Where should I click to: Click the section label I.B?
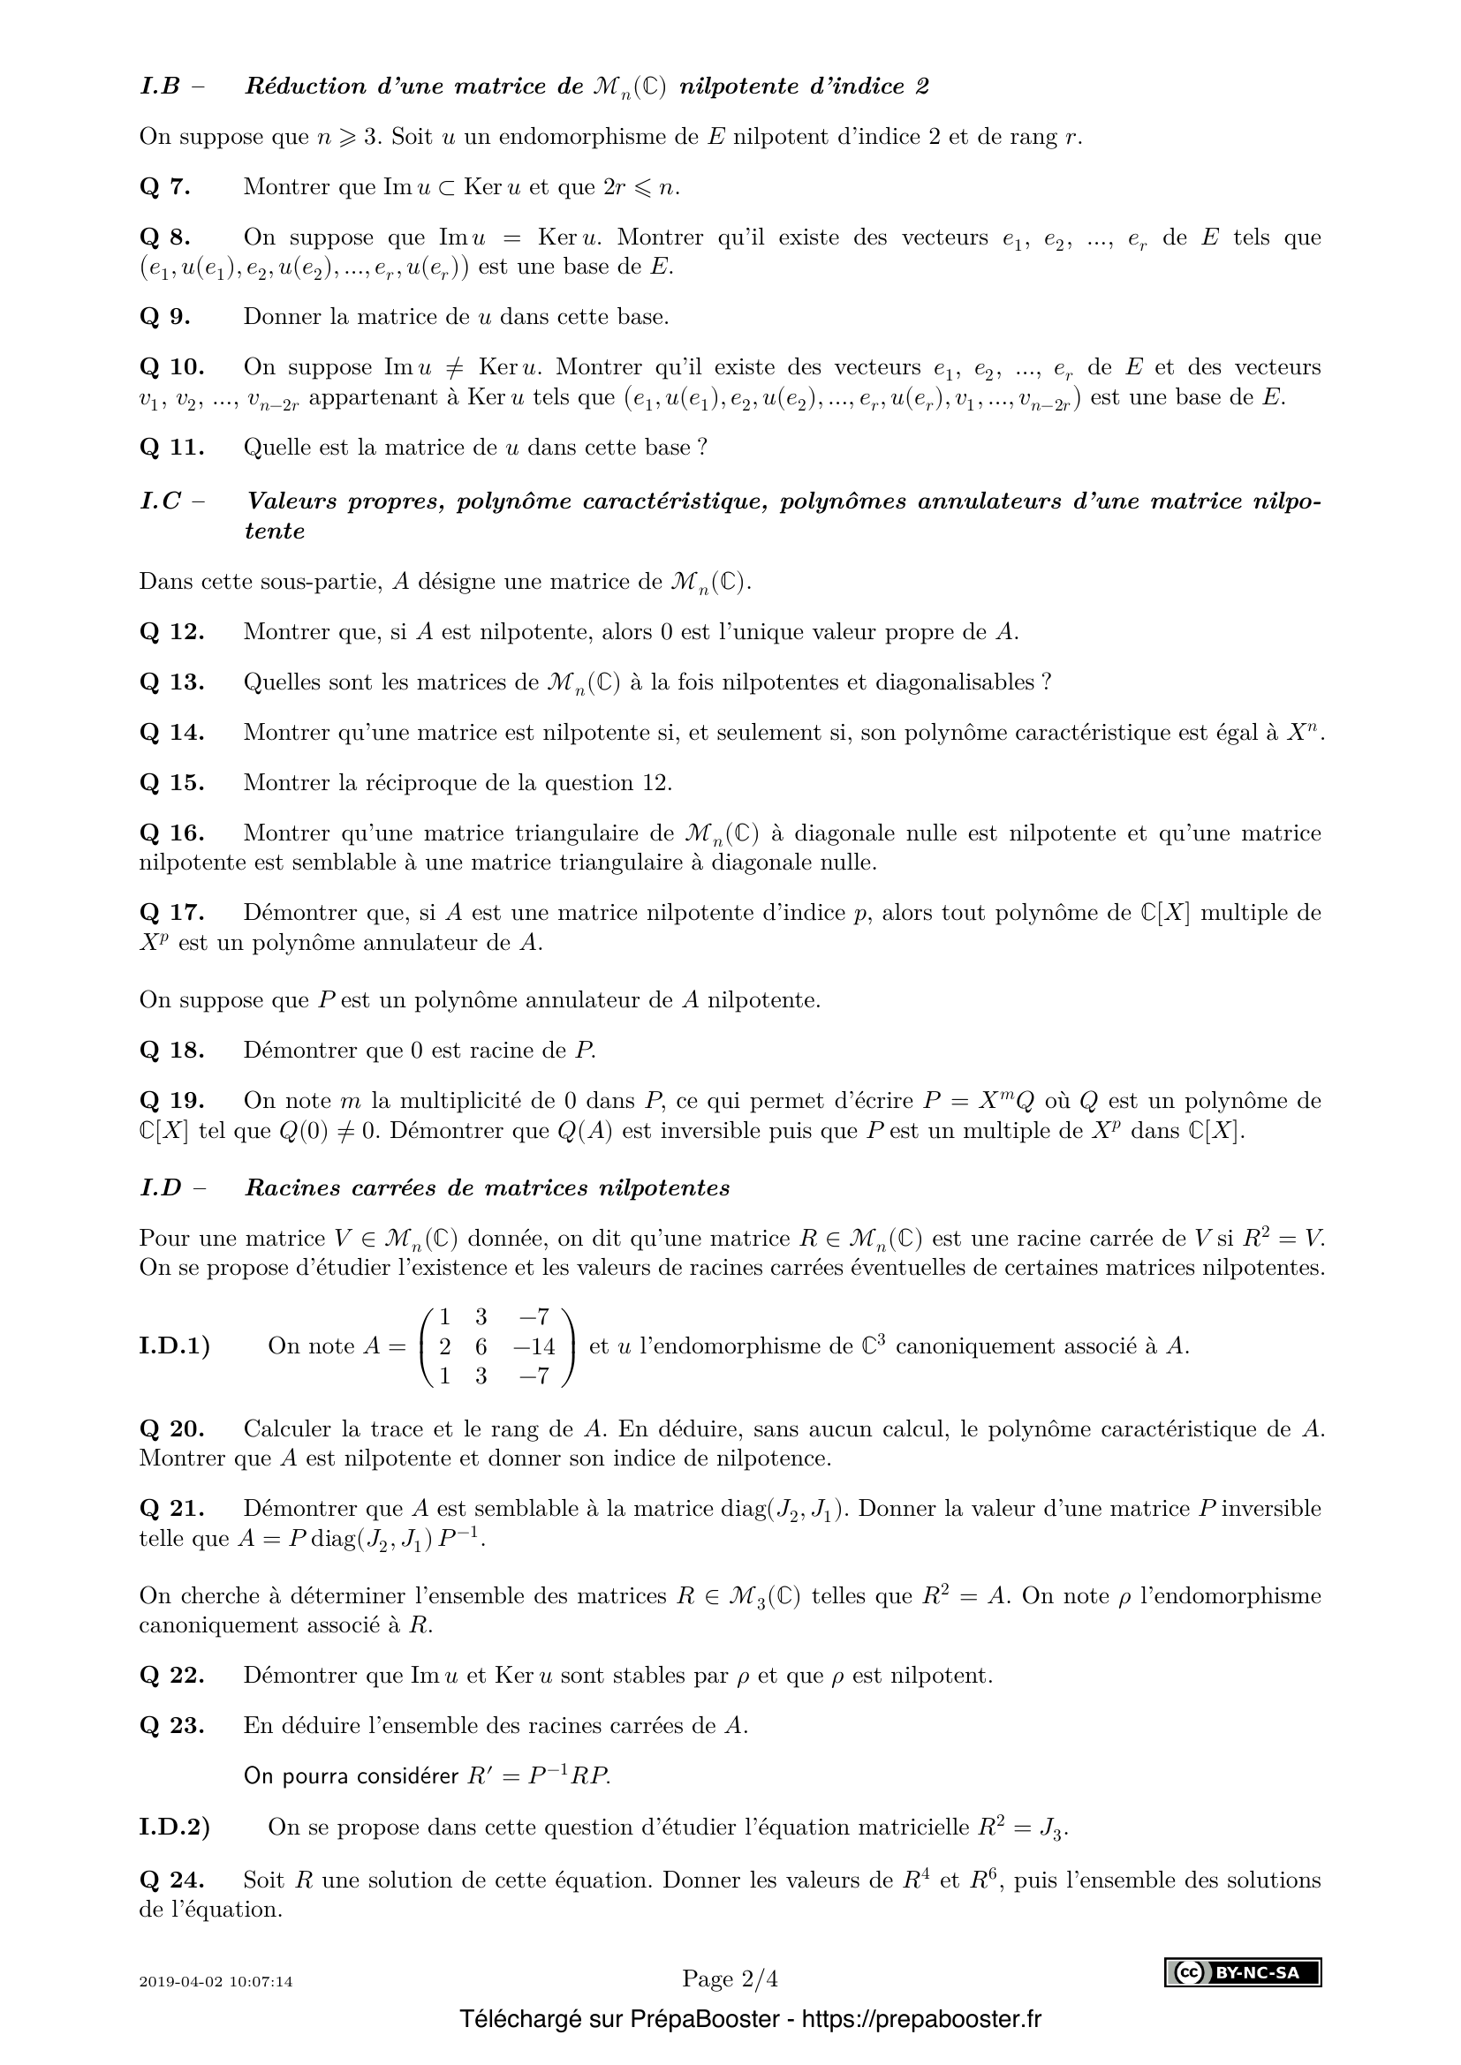pos(160,87)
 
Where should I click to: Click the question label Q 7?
pos(164,187)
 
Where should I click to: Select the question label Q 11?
pos(172,447)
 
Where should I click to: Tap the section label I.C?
pos(161,501)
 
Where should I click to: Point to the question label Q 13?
pos(172,682)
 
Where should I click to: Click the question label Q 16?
pos(172,833)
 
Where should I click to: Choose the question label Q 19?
pos(172,1100)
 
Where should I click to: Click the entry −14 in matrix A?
pos(534,1346)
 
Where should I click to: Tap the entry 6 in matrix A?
pos(481,1346)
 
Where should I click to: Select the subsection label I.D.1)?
pos(175,1346)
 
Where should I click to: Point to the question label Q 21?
pos(172,1507)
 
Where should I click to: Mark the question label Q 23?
pos(172,1725)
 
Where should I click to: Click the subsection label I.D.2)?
pos(175,1827)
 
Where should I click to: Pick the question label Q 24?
pos(172,1880)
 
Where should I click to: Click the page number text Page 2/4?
pos(730,1978)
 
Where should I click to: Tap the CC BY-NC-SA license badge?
pos(1243,1972)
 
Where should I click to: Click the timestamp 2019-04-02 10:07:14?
pos(216,1981)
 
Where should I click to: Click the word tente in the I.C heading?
pos(275,531)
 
